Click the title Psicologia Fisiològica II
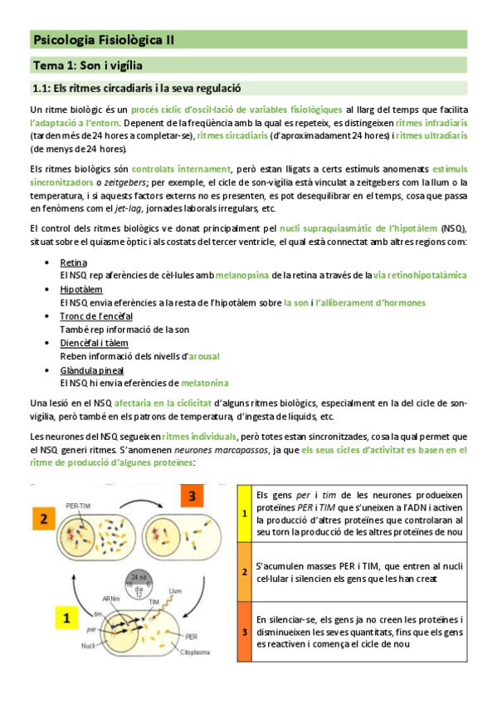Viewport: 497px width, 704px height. tap(103, 39)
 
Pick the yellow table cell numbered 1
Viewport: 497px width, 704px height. tap(245, 513)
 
